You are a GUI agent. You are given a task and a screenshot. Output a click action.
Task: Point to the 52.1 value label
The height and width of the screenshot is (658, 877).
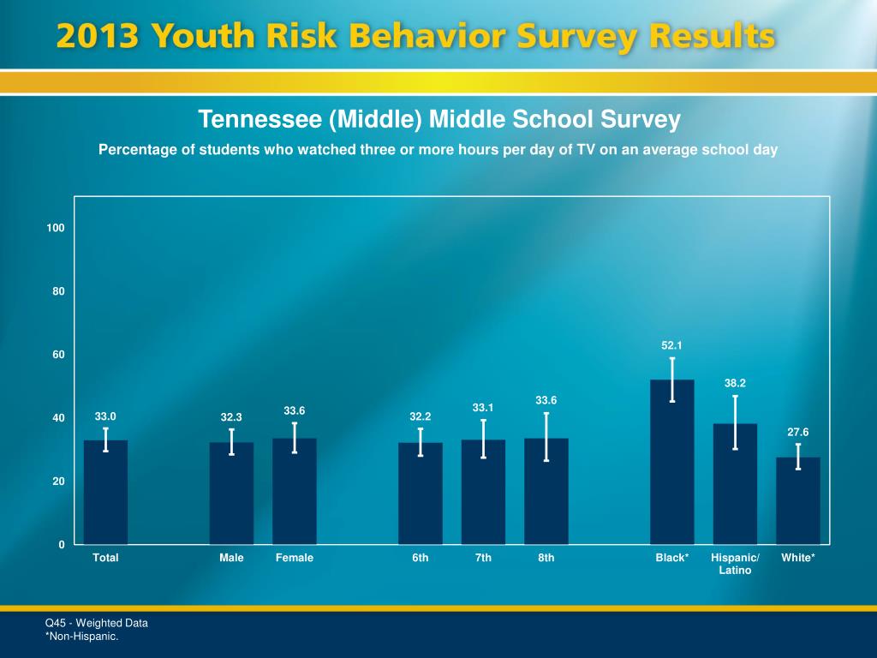[x=672, y=345]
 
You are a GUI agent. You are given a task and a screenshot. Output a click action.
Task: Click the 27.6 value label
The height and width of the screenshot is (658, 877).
[x=798, y=434]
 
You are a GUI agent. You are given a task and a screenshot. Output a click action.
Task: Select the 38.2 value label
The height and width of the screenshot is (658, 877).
[x=735, y=383]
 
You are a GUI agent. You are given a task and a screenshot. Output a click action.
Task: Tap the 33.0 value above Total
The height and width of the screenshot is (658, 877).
[x=105, y=417]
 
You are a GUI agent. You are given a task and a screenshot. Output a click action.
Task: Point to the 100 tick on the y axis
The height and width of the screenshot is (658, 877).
[x=57, y=228]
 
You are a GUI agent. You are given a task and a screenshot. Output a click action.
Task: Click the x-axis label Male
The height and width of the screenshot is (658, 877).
[x=231, y=558]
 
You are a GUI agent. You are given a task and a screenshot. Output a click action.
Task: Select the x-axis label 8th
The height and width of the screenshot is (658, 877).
[x=546, y=558]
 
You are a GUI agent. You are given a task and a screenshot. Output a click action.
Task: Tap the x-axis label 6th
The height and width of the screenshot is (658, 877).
[x=421, y=558]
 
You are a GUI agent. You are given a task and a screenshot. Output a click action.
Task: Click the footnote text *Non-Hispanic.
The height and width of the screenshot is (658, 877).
[x=81, y=637]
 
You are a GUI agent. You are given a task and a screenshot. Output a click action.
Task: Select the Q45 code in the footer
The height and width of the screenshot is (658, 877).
[x=56, y=623]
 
